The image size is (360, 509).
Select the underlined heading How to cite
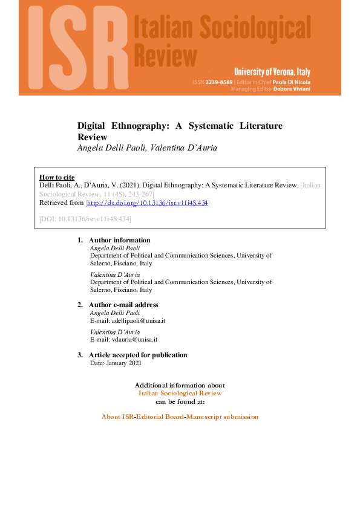[x=57, y=177]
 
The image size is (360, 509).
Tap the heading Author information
[x=119, y=241]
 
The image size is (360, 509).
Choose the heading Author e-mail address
[x=123, y=305]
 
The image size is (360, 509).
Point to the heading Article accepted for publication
[x=138, y=355]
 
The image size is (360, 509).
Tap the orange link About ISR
[x=117, y=417]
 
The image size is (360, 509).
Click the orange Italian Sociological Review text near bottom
[x=180, y=393]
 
